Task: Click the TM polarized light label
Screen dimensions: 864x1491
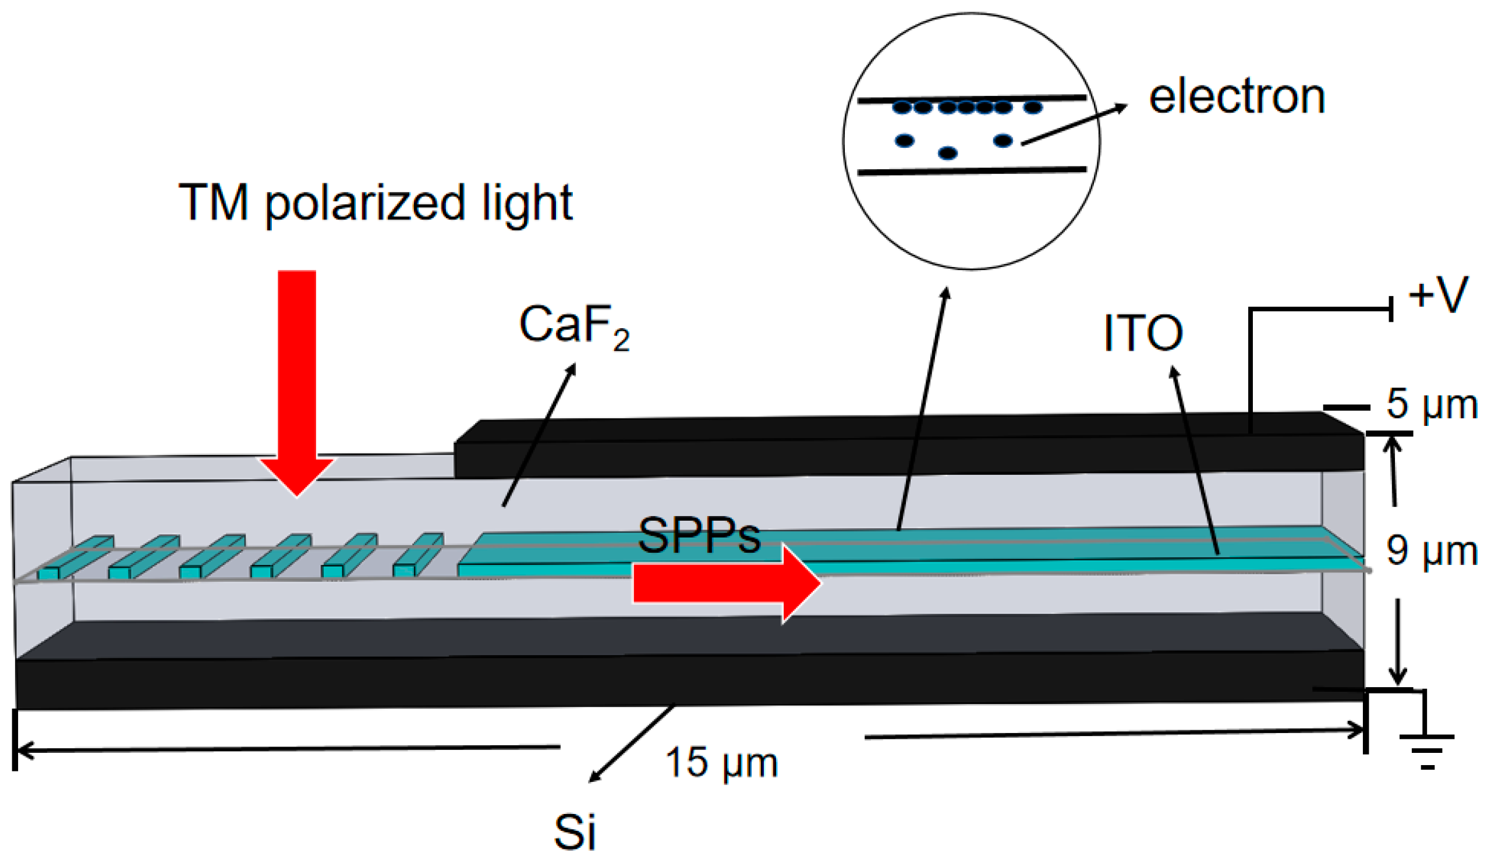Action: coord(375,203)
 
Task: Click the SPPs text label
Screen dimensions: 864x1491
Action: coord(699,536)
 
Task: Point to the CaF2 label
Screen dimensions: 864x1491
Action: coord(573,325)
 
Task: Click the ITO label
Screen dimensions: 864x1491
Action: coord(1143,333)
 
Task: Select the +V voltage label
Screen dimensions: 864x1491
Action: coord(1438,295)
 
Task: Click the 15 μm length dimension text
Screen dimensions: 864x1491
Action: coord(721,762)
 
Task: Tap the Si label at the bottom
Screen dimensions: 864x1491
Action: coord(575,832)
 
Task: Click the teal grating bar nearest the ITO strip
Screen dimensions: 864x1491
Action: coord(417,555)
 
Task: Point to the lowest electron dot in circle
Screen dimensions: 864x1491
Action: coord(947,153)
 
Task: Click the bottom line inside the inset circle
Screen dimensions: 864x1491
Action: coord(971,172)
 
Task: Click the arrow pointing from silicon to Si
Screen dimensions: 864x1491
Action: coord(631,744)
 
